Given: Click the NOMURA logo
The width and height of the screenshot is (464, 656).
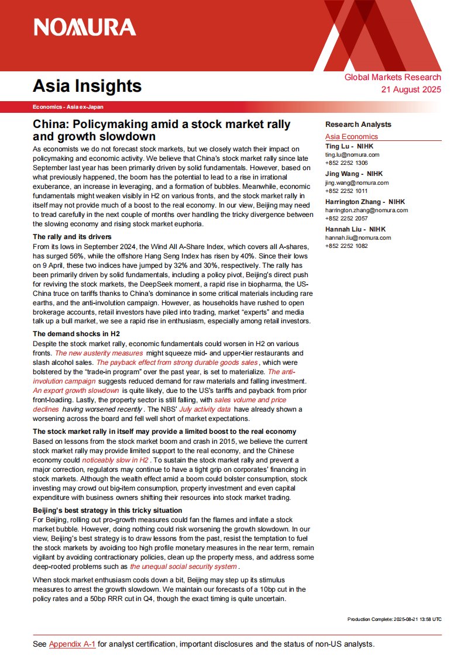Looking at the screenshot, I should (x=84, y=27).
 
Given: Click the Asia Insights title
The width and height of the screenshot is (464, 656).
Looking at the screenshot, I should (x=87, y=86).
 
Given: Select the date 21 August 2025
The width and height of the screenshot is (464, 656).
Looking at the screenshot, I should (x=411, y=89).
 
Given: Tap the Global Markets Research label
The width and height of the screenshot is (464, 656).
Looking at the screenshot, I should (x=393, y=77).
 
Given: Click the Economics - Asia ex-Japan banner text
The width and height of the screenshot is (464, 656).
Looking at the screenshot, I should (x=68, y=107).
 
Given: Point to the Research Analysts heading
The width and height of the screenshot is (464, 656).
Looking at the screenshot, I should (x=358, y=125).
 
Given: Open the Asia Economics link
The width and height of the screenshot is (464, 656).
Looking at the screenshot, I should (x=352, y=137).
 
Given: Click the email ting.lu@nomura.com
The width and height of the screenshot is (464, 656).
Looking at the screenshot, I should (x=352, y=155).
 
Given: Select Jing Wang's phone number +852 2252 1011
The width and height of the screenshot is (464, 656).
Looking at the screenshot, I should (x=347, y=191).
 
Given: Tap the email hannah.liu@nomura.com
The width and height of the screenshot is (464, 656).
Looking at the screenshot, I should (x=355, y=238).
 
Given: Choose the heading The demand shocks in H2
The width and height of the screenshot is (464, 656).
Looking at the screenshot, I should (x=76, y=333).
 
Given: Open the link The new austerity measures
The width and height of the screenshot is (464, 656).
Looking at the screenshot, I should (x=99, y=353).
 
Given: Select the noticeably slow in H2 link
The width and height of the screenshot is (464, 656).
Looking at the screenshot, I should (x=115, y=460).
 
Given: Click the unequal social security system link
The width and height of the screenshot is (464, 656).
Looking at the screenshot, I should (x=183, y=567).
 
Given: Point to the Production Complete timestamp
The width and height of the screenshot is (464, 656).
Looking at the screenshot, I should (x=394, y=619).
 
